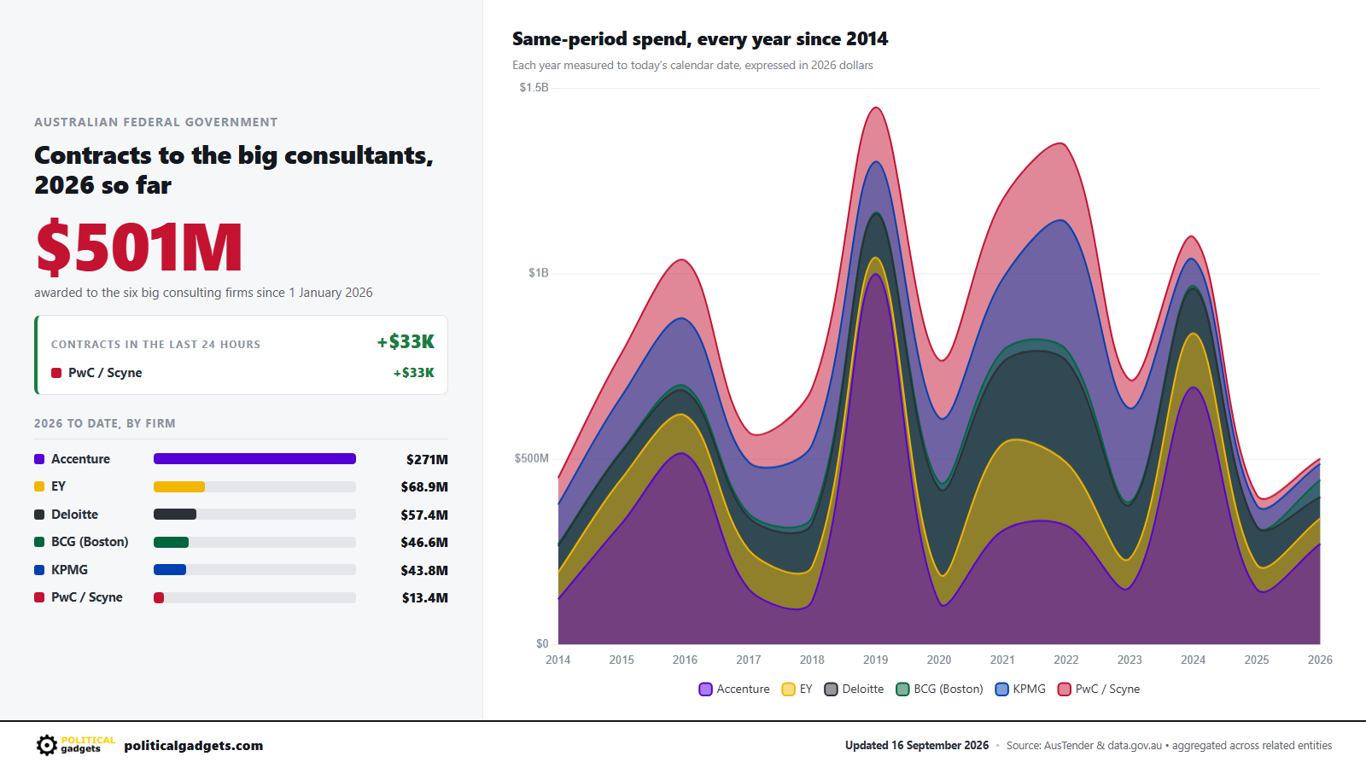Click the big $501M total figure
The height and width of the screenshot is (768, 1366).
(139, 247)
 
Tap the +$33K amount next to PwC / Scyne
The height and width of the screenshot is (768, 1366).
(413, 372)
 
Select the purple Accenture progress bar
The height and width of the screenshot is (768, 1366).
(254, 459)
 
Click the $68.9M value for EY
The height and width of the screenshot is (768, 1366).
(423, 487)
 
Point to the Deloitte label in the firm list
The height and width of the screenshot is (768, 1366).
(74, 515)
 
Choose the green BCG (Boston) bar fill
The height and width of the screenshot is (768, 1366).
(171, 543)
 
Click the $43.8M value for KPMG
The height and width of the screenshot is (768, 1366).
(423, 571)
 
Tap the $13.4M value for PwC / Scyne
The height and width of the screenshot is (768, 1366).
(424, 598)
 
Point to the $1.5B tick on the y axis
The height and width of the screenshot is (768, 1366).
(534, 88)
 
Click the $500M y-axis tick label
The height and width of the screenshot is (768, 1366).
(531, 458)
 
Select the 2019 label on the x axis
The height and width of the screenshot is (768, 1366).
(875, 660)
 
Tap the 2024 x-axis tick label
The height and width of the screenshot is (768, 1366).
(1193, 660)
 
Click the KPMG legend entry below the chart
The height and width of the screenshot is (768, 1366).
(1019, 689)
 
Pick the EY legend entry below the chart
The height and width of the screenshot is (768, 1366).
(797, 689)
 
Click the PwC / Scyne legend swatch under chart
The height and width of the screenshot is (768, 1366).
(1064, 689)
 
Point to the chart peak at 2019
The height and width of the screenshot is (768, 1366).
(876, 108)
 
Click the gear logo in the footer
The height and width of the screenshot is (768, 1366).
(46, 745)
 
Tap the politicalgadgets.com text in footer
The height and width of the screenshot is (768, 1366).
(193, 746)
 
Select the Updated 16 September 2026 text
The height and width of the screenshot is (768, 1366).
(917, 746)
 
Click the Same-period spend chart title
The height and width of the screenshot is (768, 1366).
(700, 39)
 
